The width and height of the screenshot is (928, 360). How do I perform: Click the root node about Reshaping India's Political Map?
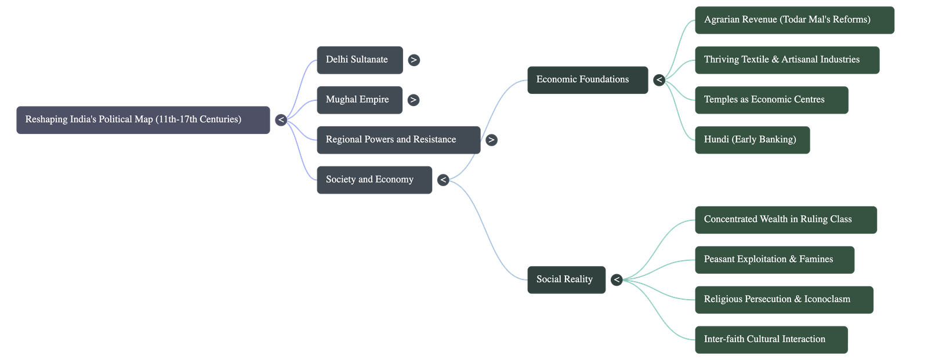(x=143, y=119)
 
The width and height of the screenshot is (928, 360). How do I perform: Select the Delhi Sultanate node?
(x=360, y=60)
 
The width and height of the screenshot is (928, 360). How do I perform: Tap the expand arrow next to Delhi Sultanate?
(x=414, y=60)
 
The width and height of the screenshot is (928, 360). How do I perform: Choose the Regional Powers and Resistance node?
(x=398, y=140)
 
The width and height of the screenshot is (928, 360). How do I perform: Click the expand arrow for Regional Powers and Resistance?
(x=491, y=140)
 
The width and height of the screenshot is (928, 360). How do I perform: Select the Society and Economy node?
(x=374, y=180)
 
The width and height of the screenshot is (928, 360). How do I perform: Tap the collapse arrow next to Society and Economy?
(x=443, y=180)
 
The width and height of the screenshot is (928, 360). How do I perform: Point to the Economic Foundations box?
(x=587, y=79)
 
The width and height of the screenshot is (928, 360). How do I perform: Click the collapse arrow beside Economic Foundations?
(x=659, y=80)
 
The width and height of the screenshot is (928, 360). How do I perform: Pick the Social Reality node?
(x=566, y=279)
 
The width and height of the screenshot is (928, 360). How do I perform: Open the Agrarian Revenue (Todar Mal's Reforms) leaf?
(x=794, y=20)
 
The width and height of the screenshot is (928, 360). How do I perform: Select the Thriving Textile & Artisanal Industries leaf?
(x=786, y=60)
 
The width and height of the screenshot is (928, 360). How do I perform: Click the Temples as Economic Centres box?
(x=771, y=100)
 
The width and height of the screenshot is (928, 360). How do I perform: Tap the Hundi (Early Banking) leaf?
(x=752, y=140)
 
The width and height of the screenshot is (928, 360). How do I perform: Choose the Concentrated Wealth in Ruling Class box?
(x=785, y=219)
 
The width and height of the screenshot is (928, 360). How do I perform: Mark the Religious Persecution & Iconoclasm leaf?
(x=784, y=299)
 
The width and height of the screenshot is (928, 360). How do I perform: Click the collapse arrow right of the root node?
(x=281, y=120)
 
